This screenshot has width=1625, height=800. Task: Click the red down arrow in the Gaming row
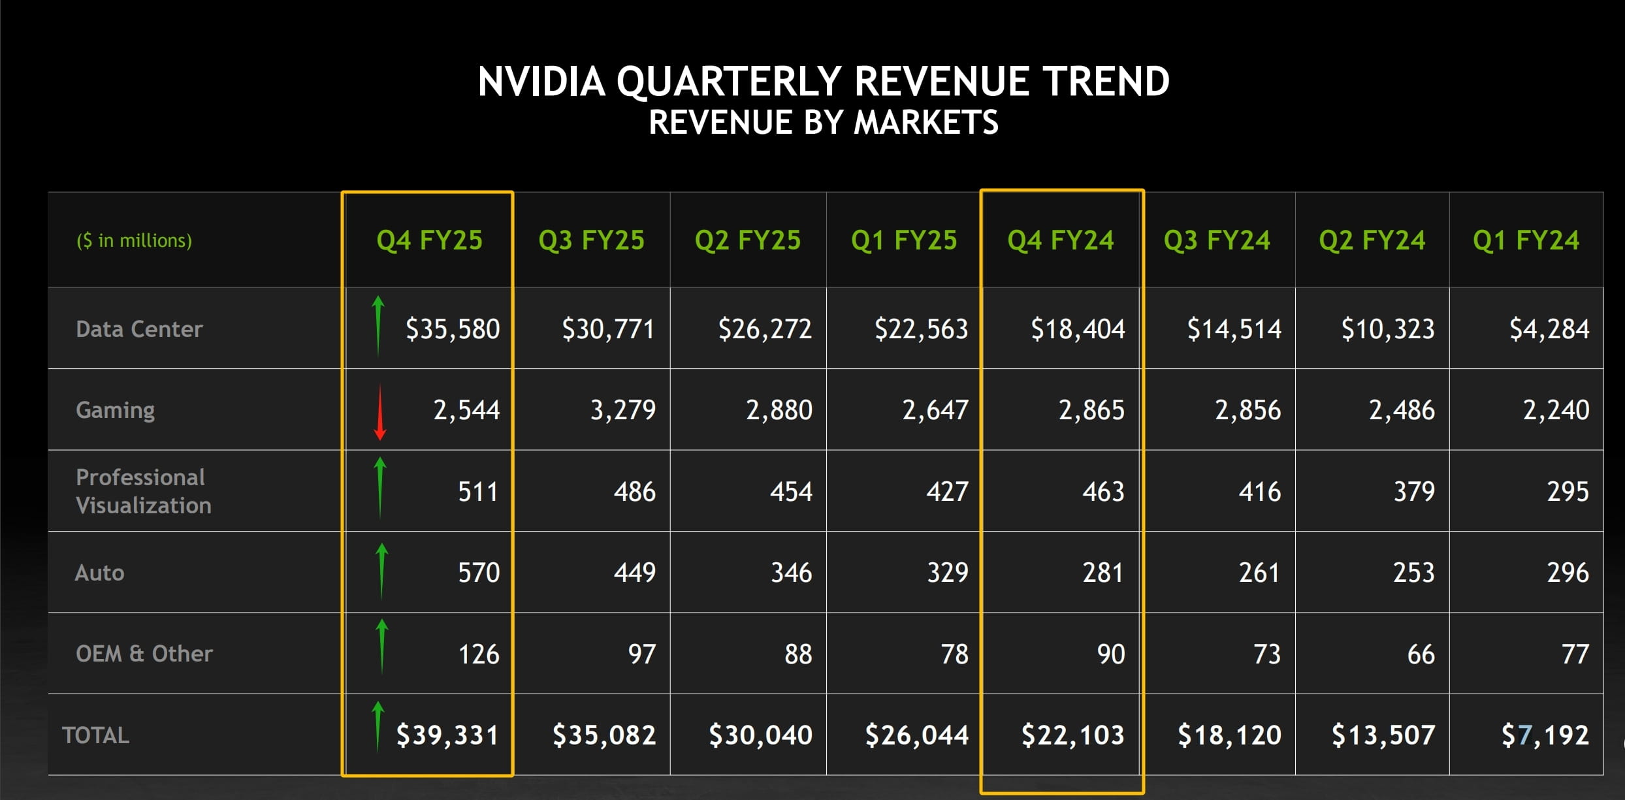point(380,411)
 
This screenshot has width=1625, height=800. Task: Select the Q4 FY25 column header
point(429,240)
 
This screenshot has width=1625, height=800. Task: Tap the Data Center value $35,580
point(453,328)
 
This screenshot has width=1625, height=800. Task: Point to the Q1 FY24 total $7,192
point(1545,735)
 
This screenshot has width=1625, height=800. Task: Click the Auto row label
point(99,573)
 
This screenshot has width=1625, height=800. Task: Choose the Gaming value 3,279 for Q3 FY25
point(623,410)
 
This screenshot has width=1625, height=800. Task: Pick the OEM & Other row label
point(144,654)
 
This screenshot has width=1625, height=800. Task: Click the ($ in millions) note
point(135,241)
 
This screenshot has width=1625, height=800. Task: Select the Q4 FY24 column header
point(1061,240)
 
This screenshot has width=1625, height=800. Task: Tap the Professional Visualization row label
point(144,491)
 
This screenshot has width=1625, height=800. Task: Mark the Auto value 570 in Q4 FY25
point(479,573)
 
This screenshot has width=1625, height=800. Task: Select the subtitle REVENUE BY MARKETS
point(824,123)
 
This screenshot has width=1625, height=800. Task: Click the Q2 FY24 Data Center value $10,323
point(1388,328)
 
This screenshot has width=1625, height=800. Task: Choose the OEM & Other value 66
point(1421,654)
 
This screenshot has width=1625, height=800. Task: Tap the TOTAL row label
point(95,736)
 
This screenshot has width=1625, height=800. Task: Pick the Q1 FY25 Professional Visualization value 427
point(947,492)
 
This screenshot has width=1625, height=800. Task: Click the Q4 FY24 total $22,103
point(1072,735)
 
